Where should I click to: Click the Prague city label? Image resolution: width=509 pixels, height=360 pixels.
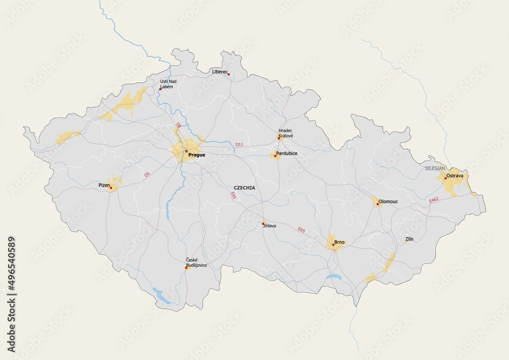click(x=197, y=155)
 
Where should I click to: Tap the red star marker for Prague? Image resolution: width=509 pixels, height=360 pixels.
click(x=186, y=151)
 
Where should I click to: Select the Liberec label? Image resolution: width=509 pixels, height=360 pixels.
click(x=219, y=72)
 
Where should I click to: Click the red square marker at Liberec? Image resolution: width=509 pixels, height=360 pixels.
click(x=229, y=75)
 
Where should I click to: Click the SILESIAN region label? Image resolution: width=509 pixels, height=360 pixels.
click(x=435, y=168)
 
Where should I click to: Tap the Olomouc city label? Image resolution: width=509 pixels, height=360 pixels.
click(x=389, y=202)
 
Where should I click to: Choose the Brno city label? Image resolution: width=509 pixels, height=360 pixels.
click(x=340, y=242)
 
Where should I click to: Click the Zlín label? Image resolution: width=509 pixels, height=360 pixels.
click(x=409, y=239)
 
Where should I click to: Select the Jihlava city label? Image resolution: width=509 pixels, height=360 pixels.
click(x=269, y=226)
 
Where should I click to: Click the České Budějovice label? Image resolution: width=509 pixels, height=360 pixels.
click(x=196, y=263)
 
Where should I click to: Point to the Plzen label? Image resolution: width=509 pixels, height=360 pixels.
click(x=104, y=185)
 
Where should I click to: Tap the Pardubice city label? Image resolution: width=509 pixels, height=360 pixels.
click(x=287, y=153)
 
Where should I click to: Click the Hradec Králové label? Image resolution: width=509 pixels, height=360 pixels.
click(x=286, y=134)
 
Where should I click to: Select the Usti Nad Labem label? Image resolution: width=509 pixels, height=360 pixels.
click(x=168, y=84)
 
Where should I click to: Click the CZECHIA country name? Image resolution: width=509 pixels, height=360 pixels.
click(x=244, y=188)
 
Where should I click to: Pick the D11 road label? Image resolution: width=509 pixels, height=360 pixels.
click(x=239, y=145)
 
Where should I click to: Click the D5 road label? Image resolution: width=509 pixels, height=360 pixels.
click(x=147, y=175)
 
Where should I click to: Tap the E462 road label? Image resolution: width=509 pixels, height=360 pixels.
click(x=434, y=200)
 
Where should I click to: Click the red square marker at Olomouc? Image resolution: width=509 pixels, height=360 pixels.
click(x=378, y=204)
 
